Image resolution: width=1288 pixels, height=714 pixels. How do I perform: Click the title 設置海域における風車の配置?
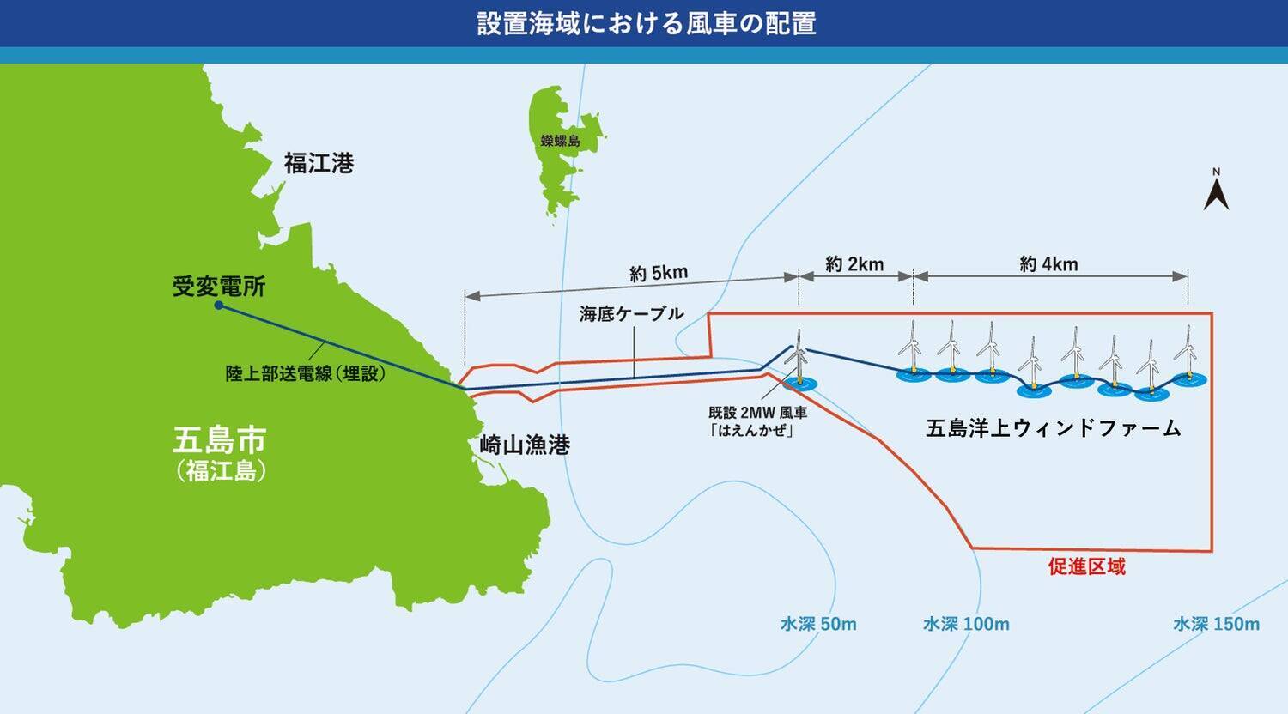coord(646,23)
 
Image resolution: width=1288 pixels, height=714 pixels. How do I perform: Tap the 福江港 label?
coord(319,163)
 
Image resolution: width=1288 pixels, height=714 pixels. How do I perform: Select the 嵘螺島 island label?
coord(560,141)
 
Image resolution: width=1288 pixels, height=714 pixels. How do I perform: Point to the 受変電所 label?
coord(219,287)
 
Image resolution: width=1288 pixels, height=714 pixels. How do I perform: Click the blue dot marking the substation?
coord(219,306)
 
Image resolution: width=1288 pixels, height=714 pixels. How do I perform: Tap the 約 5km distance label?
coord(659,273)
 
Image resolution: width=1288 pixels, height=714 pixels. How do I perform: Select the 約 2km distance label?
coord(854,264)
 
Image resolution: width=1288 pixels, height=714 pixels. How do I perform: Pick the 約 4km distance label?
coord(1048,264)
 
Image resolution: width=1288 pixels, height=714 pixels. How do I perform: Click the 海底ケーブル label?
coord(631,313)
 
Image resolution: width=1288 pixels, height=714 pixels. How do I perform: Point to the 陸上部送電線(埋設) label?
coord(306,373)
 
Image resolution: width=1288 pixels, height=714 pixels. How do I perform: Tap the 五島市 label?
coord(220,440)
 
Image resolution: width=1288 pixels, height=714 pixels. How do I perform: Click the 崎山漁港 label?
coord(525,445)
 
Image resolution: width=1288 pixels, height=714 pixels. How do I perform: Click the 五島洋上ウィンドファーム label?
coord(1054,428)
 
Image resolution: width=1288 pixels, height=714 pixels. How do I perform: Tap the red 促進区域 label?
coord(1086,566)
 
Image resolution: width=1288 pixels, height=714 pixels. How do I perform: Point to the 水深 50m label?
coord(818,624)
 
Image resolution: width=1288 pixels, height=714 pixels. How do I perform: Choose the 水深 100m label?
coord(966,624)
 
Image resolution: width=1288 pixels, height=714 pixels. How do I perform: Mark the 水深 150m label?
coord(1216,624)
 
